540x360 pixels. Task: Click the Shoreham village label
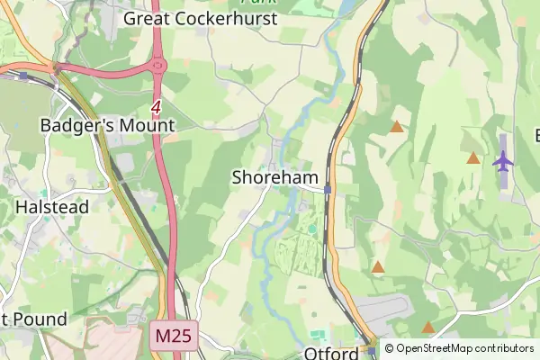[x=275, y=178]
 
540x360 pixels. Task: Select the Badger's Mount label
[x=107, y=126]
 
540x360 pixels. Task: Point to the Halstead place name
[x=52, y=207]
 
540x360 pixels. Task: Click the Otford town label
[x=331, y=353]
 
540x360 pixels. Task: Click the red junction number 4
[x=156, y=107]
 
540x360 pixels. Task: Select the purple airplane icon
[x=502, y=161]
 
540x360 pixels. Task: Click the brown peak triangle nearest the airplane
[x=473, y=158]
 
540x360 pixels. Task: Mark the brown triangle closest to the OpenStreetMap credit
[x=428, y=328]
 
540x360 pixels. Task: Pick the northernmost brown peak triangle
[x=396, y=127]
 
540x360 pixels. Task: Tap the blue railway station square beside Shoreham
[x=328, y=189]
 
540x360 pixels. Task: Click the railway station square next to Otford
[x=371, y=343]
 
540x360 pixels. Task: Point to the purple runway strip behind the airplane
[x=502, y=144]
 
